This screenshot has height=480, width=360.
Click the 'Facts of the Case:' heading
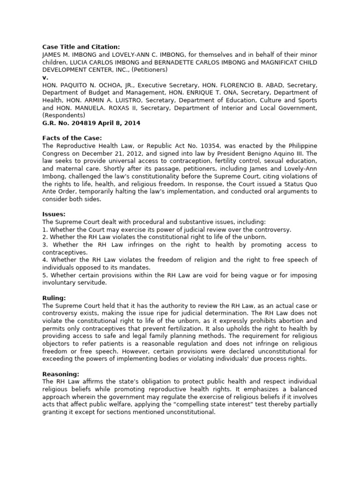69,138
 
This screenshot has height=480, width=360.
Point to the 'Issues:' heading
53,214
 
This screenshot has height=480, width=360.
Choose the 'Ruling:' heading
54,298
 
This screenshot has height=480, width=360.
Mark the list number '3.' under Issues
45,245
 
